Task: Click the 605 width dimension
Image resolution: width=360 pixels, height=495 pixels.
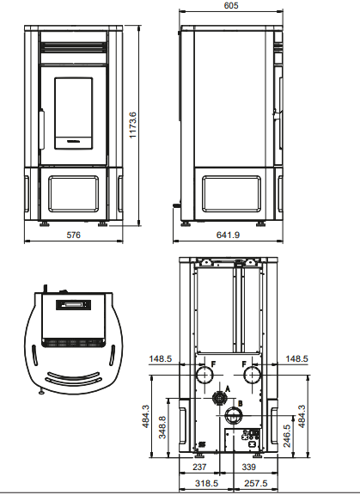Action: coord(229,6)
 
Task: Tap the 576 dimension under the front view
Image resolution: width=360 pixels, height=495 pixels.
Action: coord(73,235)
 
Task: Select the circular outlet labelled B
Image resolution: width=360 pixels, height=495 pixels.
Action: coord(233,416)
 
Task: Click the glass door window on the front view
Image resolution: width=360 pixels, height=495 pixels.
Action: coord(73,111)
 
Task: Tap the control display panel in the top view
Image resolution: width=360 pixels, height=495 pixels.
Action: coord(73,304)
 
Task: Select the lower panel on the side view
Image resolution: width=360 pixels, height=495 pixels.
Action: coord(229,193)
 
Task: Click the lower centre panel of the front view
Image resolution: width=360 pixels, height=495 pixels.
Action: coord(73,193)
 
